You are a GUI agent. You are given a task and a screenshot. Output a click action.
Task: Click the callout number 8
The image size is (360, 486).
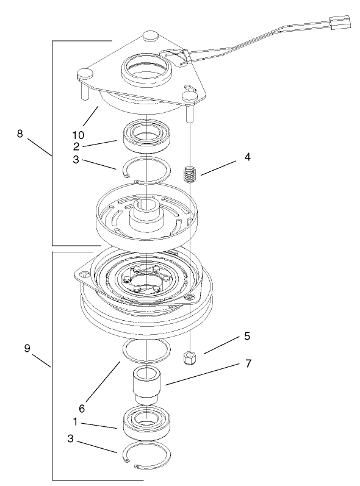(x=20, y=134)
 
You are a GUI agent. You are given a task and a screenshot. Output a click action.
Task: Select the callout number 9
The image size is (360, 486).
(x=27, y=348)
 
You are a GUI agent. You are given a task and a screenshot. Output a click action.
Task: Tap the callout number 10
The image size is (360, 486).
(x=78, y=135)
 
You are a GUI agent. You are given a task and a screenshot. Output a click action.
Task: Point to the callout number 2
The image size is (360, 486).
(x=76, y=146)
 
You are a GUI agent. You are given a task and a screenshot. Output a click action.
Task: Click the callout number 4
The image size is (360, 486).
(x=247, y=157)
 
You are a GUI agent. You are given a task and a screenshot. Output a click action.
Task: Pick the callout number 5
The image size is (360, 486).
(x=247, y=336)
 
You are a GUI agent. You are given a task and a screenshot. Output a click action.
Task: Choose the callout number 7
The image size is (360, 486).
(x=248, y=363)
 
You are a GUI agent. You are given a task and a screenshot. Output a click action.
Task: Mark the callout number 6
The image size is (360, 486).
(x=82, y=409)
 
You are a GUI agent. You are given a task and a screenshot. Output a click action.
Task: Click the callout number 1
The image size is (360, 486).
(x=75, y=421)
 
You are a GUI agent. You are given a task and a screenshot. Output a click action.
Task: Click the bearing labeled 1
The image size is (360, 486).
(x=147, y=422)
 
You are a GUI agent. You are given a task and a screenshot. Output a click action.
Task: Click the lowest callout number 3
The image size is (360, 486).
(x=71, y=439)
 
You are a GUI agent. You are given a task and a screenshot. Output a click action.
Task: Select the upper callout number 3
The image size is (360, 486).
(x=76, y=160)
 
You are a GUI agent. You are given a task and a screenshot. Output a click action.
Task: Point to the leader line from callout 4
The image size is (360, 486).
(x=218, y=168)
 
